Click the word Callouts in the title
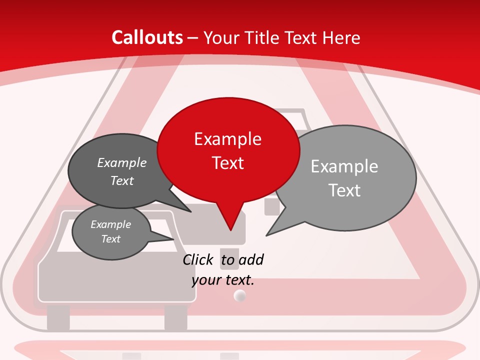tap(147, 37)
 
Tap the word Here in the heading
tap(340, 37)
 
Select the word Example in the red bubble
tap(227, 139)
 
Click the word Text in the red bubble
tap(227, 163)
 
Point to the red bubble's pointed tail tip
tap(230, 230)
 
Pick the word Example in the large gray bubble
tap(344, 166)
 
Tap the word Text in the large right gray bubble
tap(344, 190)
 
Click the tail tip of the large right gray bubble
tap(266, 235)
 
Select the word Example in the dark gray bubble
tap(121, 162)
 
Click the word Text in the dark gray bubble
tap(121, 180)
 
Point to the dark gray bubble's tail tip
tap(190, 211)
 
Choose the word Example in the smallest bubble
tap(110, 224)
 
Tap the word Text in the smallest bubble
tap(110, 239)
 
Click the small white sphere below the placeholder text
tap(240, 296)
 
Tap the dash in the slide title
tap(192, 38)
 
